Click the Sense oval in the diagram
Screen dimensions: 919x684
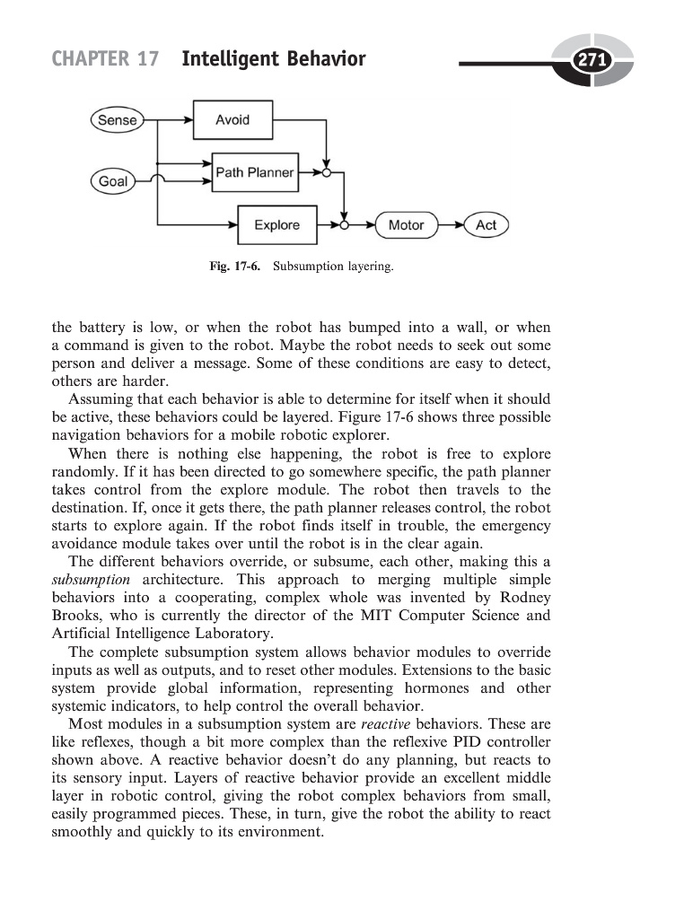pos(118,120)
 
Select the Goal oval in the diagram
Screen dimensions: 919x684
pos(113,181)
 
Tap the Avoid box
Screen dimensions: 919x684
pos(232,120)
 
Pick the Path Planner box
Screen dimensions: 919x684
pos(255,172)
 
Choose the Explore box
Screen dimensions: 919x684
pos(276,224)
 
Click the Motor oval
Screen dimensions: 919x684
pos(406,225)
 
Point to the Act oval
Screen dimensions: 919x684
pos(486,225)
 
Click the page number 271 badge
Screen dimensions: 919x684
pos(592,61)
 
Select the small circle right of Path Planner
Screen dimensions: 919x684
pos(328,173)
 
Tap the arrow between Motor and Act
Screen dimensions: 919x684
pos(451,225)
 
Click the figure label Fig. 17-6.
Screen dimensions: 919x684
pos(233,267)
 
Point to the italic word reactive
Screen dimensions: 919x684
pos(386,723)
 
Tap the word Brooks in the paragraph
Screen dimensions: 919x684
pos(76,616)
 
